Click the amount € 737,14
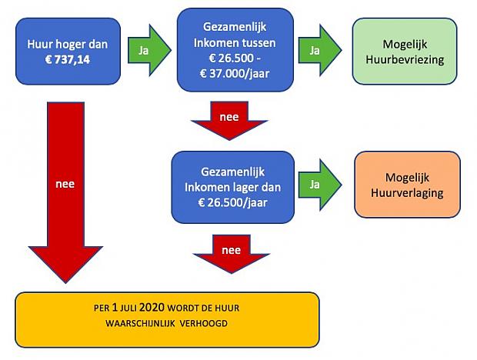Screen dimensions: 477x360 [68, 59]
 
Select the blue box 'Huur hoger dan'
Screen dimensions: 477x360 [68, 51]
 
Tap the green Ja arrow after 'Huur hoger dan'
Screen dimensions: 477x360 [149, 50]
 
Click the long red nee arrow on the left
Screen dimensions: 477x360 [65, 192]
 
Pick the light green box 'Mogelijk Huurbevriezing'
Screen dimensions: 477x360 [405, 51]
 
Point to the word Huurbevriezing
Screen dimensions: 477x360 [405, 59]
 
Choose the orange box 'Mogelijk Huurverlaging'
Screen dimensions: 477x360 [407, 185]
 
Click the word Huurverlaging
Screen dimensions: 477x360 [407, 193]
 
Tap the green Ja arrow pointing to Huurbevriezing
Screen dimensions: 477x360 [320, 50]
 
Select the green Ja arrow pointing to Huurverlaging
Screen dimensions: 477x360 [320, 185]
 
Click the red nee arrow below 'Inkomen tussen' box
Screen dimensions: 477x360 [229, 121]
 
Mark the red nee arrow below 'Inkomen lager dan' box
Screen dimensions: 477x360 [232, 254]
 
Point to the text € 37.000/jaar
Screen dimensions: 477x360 [235, 74]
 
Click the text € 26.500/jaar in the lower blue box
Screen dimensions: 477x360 [232, 202]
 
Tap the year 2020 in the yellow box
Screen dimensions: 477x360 [152, 308]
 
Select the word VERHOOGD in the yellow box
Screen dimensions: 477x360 [204, 323]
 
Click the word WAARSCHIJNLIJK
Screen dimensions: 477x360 [140, 323]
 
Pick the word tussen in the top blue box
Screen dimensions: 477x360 [259, 43]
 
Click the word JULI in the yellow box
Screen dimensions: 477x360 [128, 308]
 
